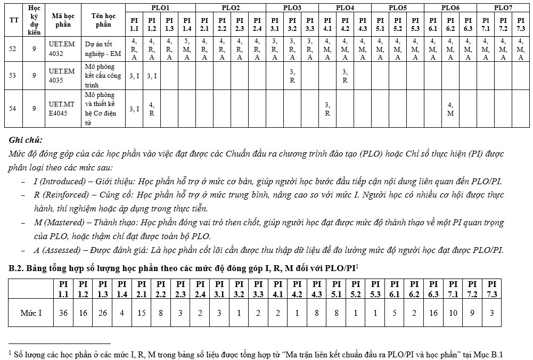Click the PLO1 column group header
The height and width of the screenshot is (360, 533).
point(160,8)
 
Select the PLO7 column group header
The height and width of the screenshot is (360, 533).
point(503,8)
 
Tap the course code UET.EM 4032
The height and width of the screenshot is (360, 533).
point(62,50)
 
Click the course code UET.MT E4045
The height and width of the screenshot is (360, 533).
point(62,108)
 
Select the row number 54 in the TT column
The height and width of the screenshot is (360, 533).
point(13,108)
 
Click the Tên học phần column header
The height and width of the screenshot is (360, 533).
point(103,20)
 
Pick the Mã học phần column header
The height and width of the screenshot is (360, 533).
point(62,20)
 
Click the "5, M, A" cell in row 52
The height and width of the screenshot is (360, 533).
point(187,49)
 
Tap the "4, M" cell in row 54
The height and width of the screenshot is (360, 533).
point(450,109)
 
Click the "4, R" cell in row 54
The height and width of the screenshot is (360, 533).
point(152,109)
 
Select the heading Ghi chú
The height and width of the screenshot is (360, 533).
point(26,140)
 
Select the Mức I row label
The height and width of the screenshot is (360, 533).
point(31,313)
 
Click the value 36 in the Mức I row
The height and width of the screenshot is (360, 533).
point(63,313)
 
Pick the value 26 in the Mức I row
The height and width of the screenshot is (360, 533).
point(103,313)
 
